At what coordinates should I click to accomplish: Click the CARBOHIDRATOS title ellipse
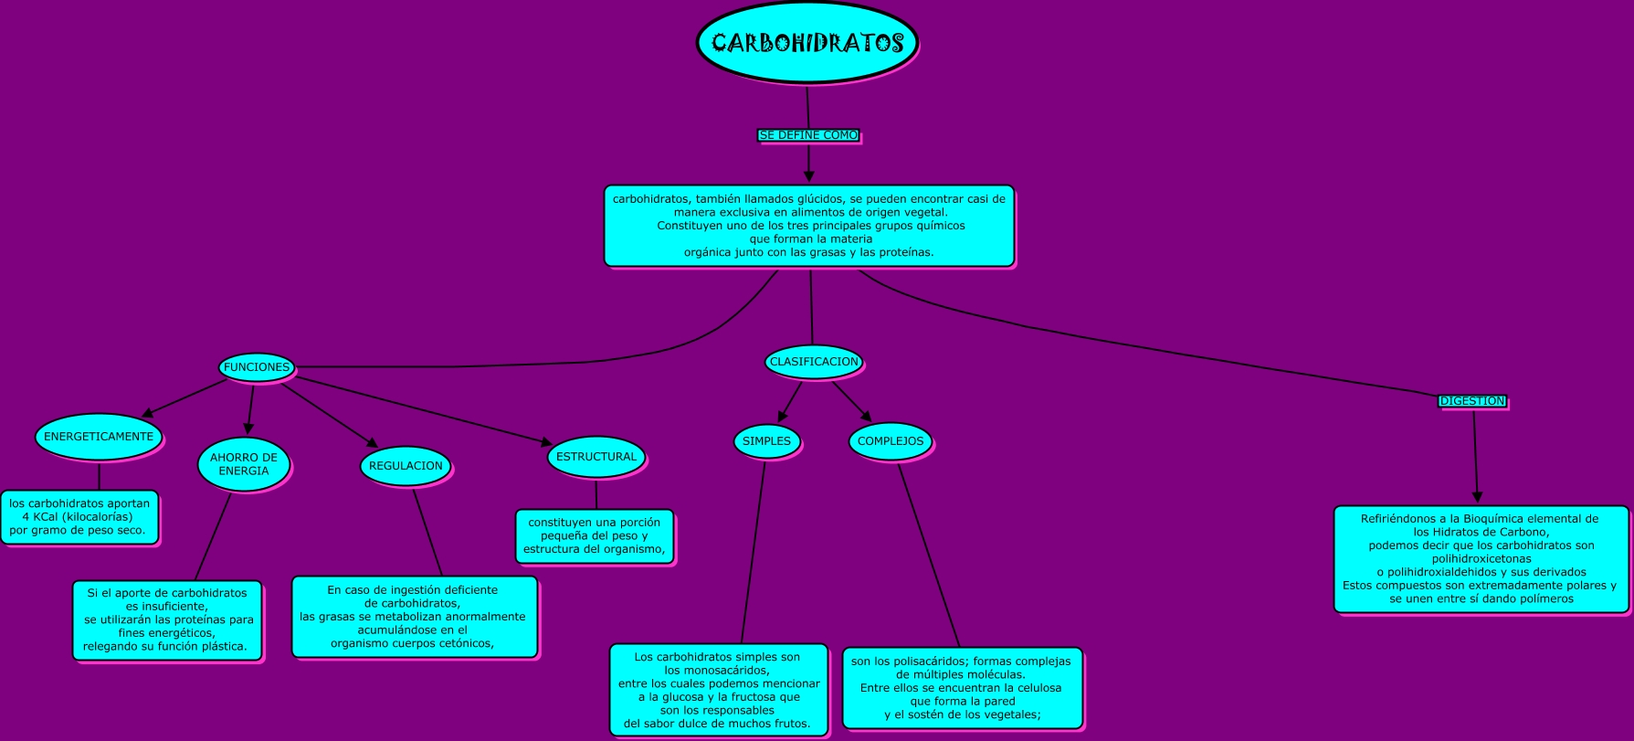click(807, 43)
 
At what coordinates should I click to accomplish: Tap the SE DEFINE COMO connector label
click(808, 135)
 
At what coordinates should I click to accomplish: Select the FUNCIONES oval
click(257, 367)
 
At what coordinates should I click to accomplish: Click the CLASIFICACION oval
click(814, 362)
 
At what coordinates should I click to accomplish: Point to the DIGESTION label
click(1472, 401)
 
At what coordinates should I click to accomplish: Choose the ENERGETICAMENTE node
click(99, 437)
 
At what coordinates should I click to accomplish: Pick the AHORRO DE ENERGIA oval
click(244, 464)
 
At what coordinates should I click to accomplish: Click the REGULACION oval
click(406, 466)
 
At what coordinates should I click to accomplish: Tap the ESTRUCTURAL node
click(596, 457)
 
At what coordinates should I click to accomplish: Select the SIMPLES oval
click(766, 441)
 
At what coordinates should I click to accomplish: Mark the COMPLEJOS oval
click(891, 441)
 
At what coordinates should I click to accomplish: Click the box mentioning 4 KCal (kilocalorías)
click(79, 517)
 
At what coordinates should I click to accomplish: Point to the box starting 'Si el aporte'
click(167, 619)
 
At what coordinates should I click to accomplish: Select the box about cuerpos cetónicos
click(414, 617)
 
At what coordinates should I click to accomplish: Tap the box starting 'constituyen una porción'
click(595, 536)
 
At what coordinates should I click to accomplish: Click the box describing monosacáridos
click(719, 690)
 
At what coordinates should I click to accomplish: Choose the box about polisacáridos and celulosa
click(962, 688)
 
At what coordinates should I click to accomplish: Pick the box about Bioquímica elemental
click(1481, 559)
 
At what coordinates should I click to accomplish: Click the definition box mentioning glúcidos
click(809, 226)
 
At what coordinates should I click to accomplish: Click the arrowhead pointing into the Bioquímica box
click(1477, 496)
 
